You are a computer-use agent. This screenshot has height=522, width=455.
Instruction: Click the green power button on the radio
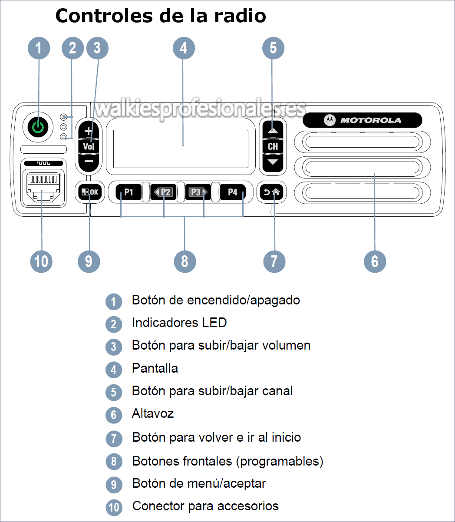tap(38, 127)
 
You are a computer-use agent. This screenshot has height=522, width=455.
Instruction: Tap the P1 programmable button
tap(129, 192)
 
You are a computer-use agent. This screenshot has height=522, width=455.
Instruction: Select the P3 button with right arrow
tap(198, 192)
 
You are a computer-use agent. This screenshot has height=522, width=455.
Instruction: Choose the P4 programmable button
tap(233, 192)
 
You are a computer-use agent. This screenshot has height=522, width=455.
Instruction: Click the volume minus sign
tap(89, 161)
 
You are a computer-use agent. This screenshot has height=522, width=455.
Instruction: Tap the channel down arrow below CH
tap(273, 162)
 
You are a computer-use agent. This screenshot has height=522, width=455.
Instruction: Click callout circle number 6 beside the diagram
tap(375, 261)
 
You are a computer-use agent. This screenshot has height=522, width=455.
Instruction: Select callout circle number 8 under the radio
tap(185, 261)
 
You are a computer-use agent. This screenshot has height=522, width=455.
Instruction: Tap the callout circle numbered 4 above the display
tap(184, 48)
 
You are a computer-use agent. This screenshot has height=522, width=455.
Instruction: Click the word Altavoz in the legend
tap(153, 413)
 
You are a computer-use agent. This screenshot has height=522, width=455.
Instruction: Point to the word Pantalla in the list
tap(155, 368)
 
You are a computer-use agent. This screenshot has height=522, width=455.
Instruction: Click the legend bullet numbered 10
tap(114, 507)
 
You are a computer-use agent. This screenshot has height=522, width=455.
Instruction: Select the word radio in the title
tap(240, 16)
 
